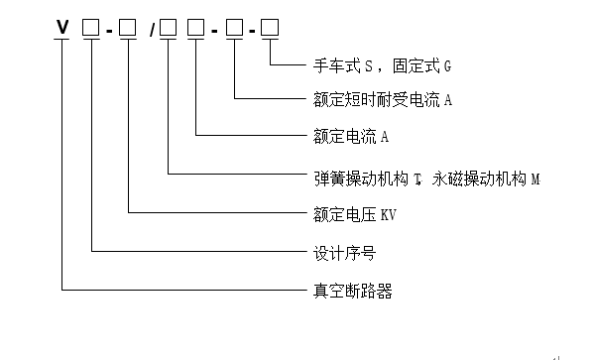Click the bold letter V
62,28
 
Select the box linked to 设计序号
91,28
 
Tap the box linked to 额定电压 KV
130,28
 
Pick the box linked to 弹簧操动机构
169,28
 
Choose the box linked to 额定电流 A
198,28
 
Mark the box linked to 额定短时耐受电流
236,28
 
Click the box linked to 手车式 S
273,28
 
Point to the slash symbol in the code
152,29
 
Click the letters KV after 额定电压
385,212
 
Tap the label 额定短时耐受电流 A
376,99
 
